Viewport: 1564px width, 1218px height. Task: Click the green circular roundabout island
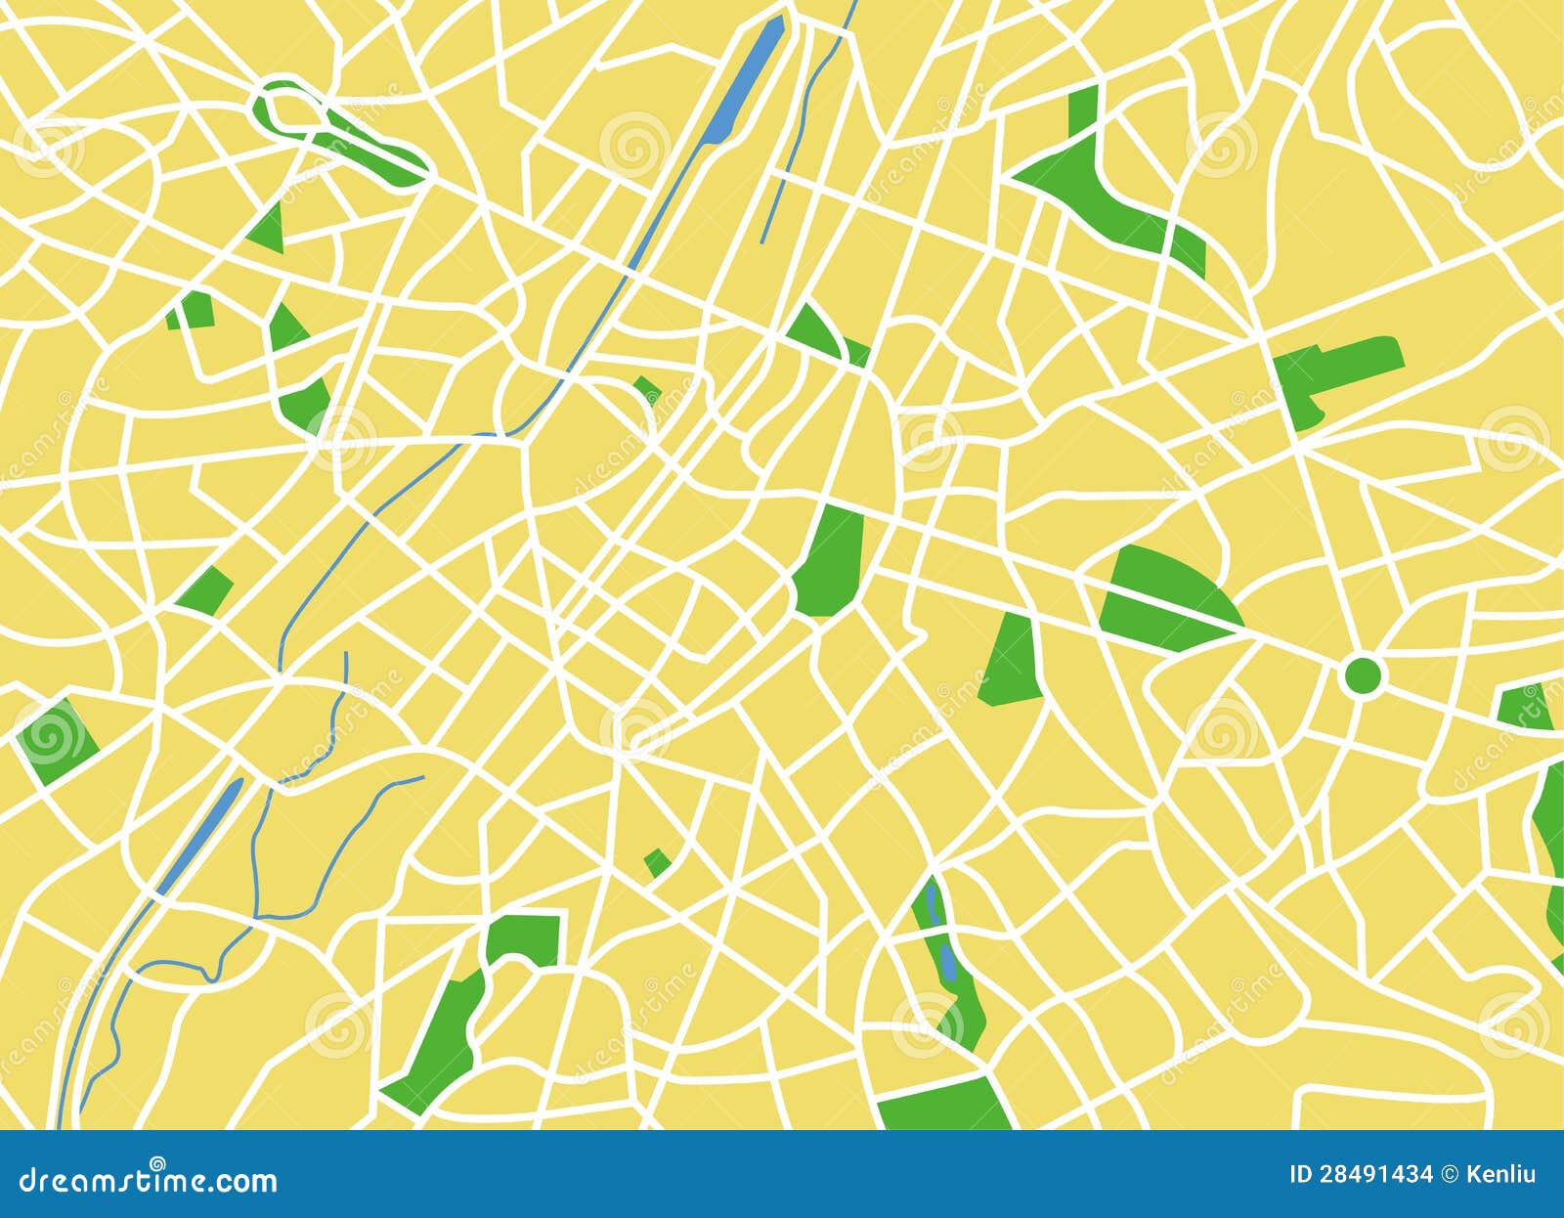coord(1363,674)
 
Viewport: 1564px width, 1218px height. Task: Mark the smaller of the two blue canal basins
coord(201,836)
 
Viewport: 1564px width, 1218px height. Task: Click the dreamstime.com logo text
coord(148,1180)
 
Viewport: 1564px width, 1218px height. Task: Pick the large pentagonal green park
coord(830,562)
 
